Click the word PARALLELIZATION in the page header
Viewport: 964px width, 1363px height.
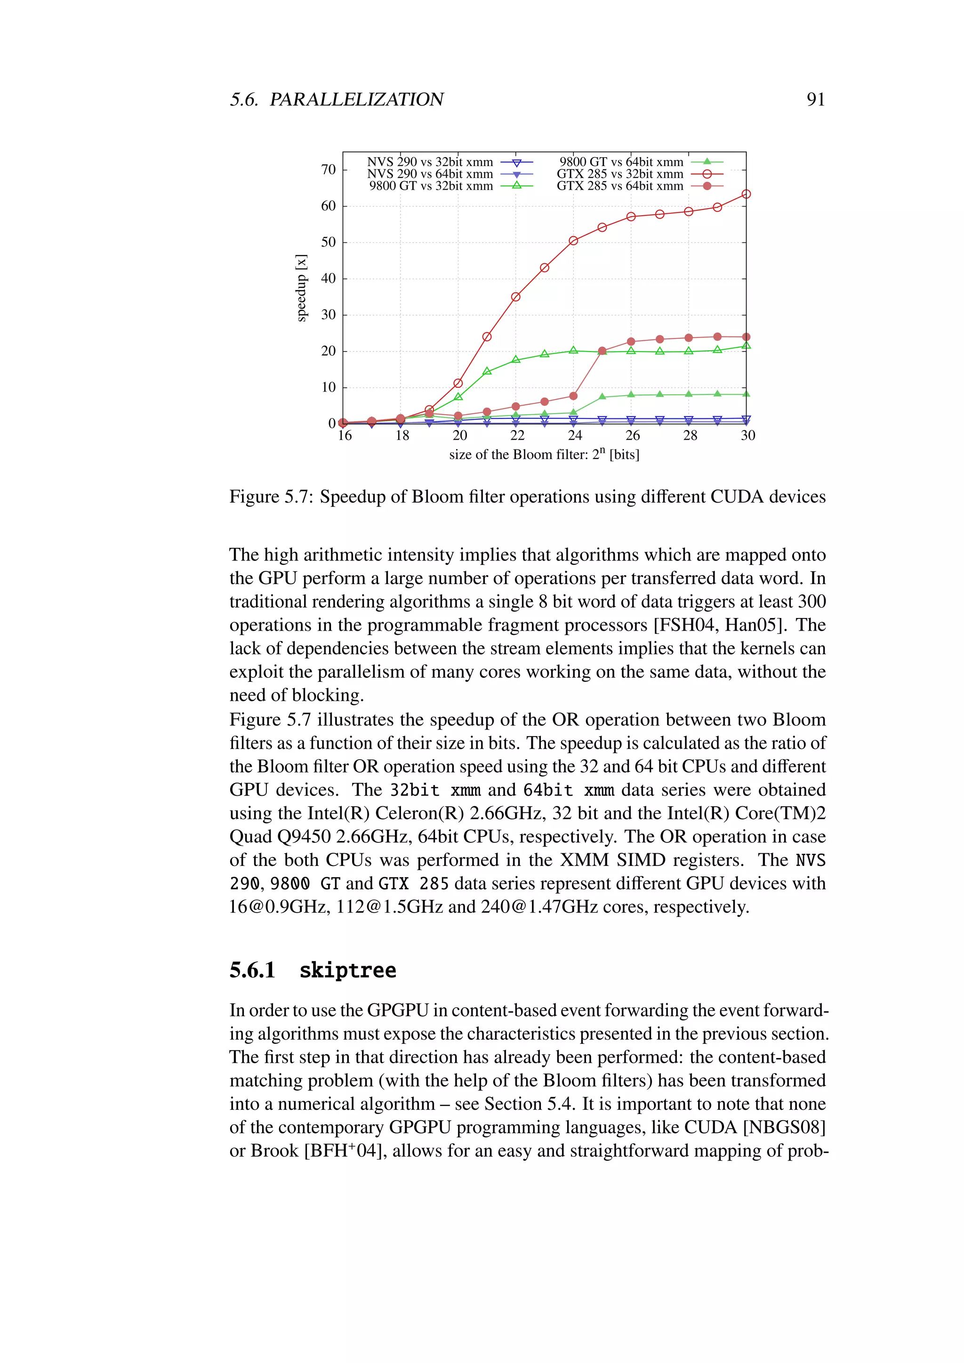click(356, 99)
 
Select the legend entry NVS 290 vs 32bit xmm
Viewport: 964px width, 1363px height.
click(430, 162)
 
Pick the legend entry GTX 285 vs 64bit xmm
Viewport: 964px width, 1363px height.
click(620, 186)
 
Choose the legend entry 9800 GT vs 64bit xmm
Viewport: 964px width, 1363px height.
click(621, 162)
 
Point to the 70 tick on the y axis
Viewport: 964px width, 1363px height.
click(328, 170)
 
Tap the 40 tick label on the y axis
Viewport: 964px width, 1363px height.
click(328, 279)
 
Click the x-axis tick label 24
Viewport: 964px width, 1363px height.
click(575, 436)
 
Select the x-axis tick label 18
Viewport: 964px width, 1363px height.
click(402, 436)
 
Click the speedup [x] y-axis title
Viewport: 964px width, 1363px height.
click(302, 288)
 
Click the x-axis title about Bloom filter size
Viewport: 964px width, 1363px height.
click(544, 455)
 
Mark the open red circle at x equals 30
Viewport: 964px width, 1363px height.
click(746, 194)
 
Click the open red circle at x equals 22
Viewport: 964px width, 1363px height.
click(515, 297)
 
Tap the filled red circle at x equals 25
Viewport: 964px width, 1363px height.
click(602, 351)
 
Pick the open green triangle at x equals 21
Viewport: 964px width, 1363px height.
click(487, 371)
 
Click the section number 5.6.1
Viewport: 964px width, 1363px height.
click(252, 970)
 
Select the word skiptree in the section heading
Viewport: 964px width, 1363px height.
click(347, 970)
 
